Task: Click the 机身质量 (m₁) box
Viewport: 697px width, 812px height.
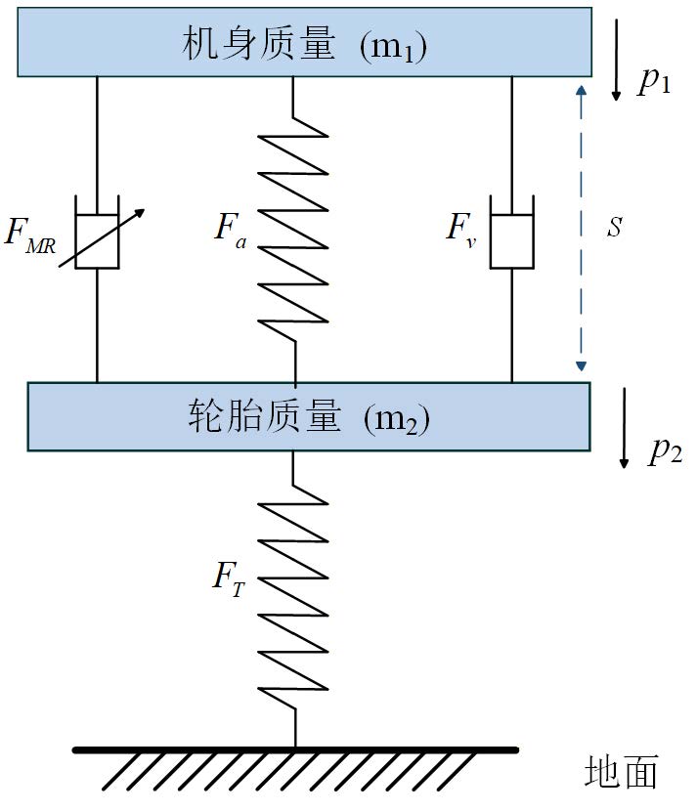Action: (x=304, y=42)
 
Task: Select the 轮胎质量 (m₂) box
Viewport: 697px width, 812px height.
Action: (x=308, y=416)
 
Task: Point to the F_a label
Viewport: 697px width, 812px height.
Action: (x=231, y=229)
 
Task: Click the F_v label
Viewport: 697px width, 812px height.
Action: (x=460, y=229)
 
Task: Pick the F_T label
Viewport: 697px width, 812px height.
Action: (x=229, y=577)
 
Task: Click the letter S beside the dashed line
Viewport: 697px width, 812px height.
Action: (x=614, y=228)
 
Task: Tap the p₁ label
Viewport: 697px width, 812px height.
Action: (x=654, y=81)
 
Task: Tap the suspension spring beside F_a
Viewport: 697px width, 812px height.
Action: (x=294, y=225)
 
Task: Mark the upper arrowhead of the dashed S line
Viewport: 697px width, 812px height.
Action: (x=581, y=91)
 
